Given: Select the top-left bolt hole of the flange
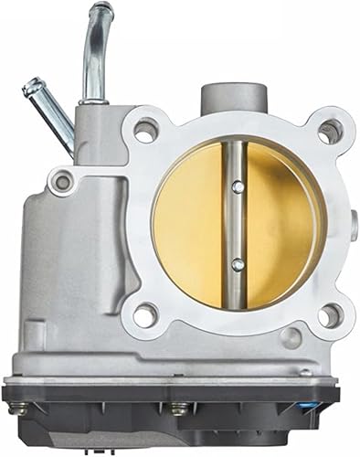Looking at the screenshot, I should [144, 130].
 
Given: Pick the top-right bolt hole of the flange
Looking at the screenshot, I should [328, 131].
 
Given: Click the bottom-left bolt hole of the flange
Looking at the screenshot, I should [145, 315].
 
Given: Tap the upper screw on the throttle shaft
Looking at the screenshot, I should [238, 187].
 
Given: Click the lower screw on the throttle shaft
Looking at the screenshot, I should [238, 264].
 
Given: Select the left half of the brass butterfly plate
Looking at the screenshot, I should [192, 224].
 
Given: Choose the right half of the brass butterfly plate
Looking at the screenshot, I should [283, 224].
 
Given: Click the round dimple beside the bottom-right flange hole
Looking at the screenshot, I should [291, 337].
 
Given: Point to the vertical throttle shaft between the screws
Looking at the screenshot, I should [238, 226].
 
